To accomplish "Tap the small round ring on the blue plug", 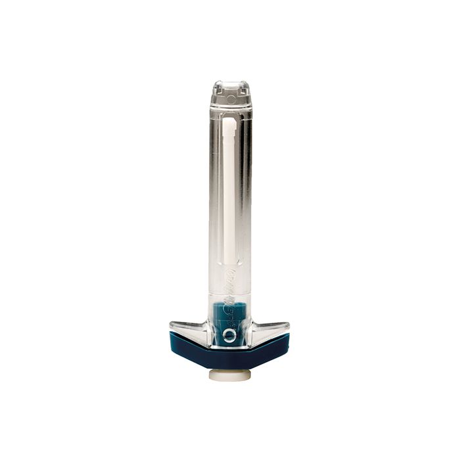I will tap(228, 336).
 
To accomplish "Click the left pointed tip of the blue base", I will tap(172, 336).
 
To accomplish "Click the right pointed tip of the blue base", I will tap(288, 336).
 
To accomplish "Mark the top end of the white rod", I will tap(229, 122).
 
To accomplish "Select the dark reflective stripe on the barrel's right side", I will tap(247, 197).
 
